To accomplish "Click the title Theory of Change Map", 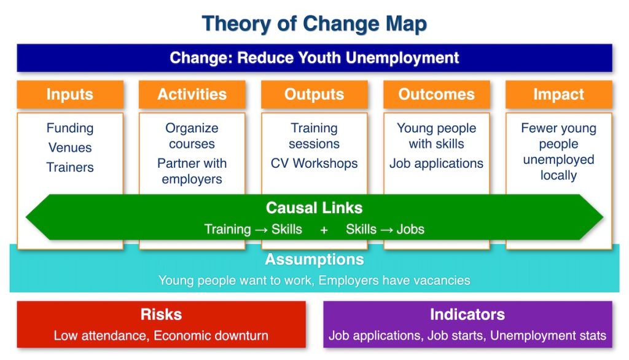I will point(314,24).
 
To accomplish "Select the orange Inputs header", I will point(70,95).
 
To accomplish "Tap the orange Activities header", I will point(192,95).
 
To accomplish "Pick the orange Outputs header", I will point(314,95).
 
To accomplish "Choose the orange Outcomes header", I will point(436,95).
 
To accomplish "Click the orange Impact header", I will point(558,95).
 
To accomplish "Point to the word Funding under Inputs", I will point(70,128).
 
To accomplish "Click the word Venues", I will point(70,148).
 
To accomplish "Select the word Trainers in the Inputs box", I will point(70,167).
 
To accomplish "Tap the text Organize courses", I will point(192,136).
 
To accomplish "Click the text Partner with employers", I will point(192,171).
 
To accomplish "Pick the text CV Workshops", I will point(314,163).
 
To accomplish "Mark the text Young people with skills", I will point(436,136).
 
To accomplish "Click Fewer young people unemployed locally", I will point(558,152).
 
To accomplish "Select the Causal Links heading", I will point(314,208).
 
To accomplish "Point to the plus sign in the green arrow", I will point(324,230).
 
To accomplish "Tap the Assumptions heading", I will point(314,260).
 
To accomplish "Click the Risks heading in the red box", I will point(161,315).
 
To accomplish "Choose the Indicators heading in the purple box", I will point(467,315).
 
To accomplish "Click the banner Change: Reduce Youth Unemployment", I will point(314,58).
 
